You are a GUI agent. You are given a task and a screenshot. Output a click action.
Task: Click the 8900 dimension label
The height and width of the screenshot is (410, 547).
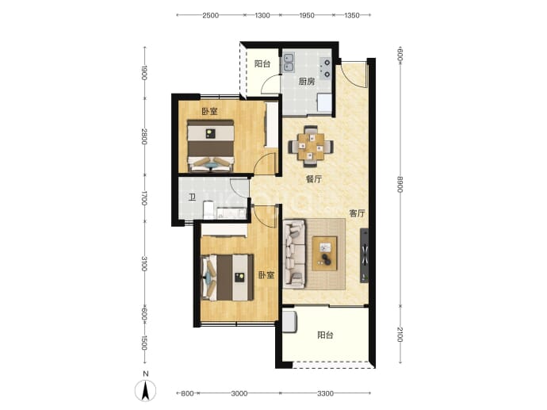(x=400, y=183)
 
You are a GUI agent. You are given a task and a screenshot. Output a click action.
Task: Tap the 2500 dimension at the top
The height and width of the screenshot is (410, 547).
(x=210, y=15)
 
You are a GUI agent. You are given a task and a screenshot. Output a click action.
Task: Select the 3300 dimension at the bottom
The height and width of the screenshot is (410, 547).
(x=325, y=393)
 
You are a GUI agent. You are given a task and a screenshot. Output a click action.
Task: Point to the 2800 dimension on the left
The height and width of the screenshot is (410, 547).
(x=144, y=136)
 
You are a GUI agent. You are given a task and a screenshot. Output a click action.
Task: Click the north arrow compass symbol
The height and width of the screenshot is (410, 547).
(x=146, y=389)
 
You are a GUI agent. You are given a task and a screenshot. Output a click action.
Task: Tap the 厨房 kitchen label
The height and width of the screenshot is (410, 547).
(x=307, y=82)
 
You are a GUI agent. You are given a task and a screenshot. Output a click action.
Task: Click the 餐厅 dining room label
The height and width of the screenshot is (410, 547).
(x=314, y=179)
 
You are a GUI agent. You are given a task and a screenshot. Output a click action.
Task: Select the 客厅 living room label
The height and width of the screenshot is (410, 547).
(x=357, y=213)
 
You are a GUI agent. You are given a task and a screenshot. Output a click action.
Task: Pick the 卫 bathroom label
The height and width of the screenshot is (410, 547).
(x=192, y=197)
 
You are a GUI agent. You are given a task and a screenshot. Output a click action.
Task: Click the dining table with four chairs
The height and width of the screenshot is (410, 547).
(x=311, y=146)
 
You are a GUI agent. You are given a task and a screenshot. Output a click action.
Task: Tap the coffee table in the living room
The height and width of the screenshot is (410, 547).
(x=325, y=253)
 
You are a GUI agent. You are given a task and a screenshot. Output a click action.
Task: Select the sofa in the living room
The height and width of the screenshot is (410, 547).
(x=295, y=254)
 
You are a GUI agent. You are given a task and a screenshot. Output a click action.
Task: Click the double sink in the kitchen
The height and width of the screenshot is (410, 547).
(x=289, y=62)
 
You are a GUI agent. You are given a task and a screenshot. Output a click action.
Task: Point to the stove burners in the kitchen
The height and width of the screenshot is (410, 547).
(x=327, y=68)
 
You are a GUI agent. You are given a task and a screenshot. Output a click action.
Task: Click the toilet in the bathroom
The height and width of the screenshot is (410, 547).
(x=208, y=209)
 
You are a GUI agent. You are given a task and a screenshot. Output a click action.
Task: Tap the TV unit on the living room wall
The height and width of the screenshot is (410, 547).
(x=364, y=255)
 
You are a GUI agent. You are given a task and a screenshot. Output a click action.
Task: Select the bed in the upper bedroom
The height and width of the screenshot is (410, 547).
(x=210, y=145)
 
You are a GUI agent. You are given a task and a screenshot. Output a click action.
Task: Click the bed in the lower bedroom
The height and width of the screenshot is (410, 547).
(x=228, y=278)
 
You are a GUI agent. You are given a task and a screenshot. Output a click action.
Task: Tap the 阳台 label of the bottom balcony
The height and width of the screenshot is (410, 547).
(x=325, y=335)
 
